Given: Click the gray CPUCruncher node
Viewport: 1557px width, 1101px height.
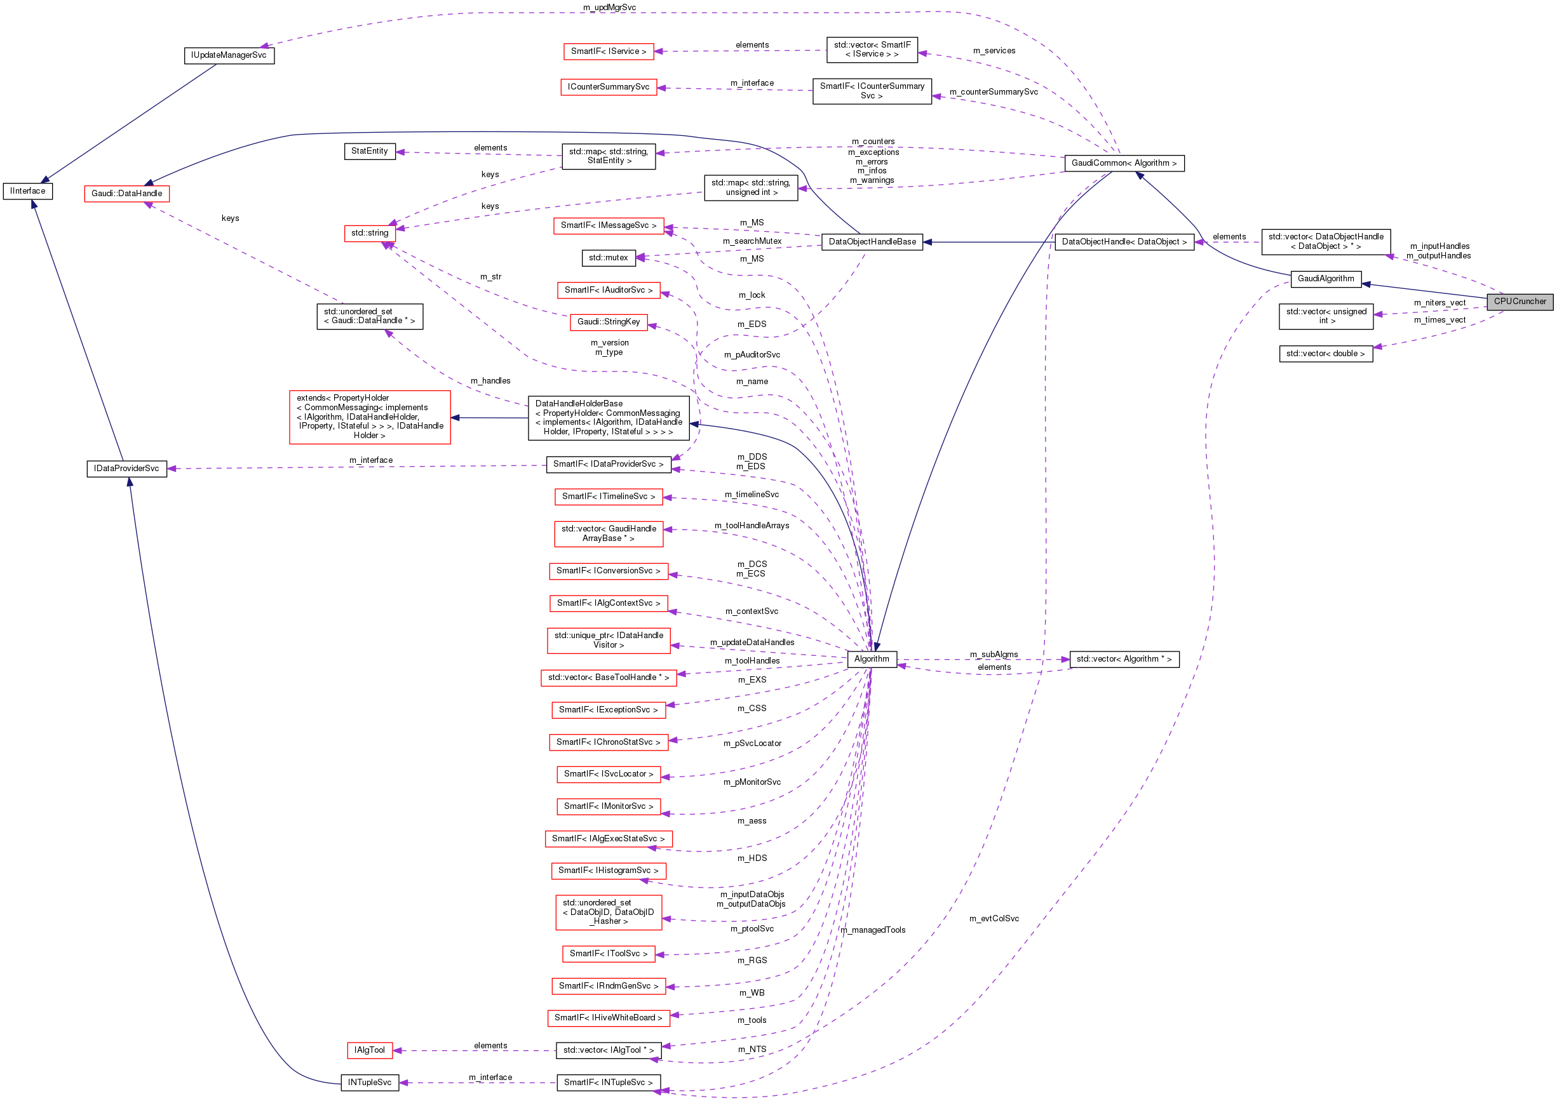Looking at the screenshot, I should pos(1519,302).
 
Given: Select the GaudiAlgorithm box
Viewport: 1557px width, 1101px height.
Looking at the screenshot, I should pos(1325,279).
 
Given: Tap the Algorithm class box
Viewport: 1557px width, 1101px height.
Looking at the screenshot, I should pos(872,659).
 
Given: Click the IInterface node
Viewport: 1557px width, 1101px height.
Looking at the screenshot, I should pos(28,191).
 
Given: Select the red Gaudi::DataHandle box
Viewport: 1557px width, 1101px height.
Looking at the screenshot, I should pos(127,194).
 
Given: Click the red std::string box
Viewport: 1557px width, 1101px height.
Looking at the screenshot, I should pos(370,233).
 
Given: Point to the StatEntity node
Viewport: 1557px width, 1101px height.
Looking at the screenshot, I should pos(370,151).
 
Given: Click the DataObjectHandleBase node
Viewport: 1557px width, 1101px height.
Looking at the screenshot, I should pos(872,242).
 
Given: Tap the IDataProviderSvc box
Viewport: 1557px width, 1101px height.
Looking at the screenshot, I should pos(127,469).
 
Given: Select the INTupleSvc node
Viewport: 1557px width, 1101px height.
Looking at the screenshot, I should pos(369,1082).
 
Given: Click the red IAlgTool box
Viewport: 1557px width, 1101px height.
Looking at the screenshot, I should pos(369,1050).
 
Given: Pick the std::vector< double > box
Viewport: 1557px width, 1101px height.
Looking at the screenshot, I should pos(1325,354).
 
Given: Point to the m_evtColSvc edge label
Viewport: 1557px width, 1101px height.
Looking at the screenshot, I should pos(994,919).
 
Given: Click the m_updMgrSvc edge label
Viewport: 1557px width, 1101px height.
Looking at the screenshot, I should pos(609,8).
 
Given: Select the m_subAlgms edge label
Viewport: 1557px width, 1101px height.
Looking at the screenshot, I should pos(994,654).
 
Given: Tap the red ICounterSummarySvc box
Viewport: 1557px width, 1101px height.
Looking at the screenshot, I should pos(609,88).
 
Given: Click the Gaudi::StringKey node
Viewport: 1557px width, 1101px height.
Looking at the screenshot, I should pos(609,322).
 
